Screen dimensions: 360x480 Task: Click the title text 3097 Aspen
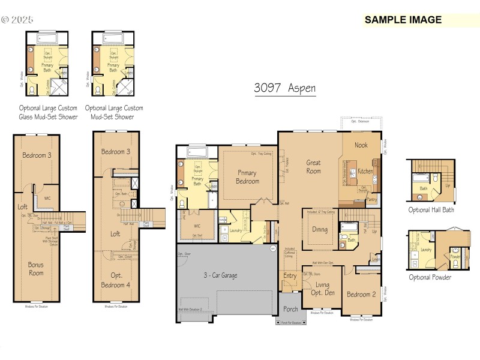pos(284,88)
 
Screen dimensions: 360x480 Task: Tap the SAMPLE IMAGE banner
pos(403,20)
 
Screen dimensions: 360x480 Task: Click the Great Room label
pos(313,167)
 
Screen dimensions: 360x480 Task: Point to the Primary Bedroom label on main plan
pos(247,177)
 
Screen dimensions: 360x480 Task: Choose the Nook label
pos(361,145)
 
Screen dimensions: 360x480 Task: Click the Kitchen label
pos(366,171)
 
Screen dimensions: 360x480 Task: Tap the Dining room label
pos(320,229)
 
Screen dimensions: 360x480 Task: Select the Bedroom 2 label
pos(361,294)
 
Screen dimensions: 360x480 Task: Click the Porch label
pos(290,310)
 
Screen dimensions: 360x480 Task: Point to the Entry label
pos(289,275)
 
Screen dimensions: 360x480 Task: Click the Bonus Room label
pos(36,268)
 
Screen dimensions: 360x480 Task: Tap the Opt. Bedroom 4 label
pos(116,280)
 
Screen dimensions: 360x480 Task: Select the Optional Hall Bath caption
pos(431,210)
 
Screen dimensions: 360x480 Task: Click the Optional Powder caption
pos(430,277)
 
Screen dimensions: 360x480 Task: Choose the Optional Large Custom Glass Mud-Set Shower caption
pos(48,112)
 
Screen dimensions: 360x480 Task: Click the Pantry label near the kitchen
pos(371,199)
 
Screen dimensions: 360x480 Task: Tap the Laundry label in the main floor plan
pos(235,230)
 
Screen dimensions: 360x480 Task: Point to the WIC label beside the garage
pos(197,226)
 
